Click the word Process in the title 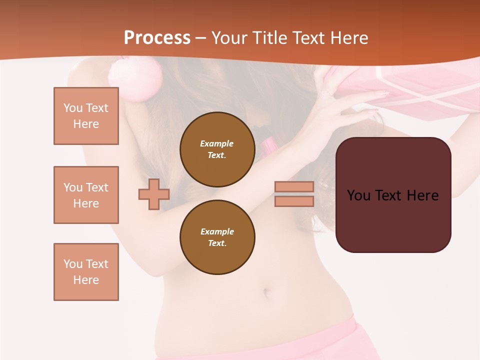[x=157, y=38]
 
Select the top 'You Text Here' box [x=86, y=116]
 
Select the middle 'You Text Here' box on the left [x=86, y=195]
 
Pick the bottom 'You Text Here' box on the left [x=86, y=272]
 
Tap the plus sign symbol [x=154, y=194]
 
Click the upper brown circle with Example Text [x=217, y=149]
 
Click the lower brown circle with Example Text [x=217, y=237]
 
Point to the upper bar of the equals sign [x=294, y=186]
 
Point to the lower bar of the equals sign [x=294, y=201]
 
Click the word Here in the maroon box [x=422, y=195]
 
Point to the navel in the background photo [x=267, y=291]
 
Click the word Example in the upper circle [x=217, y=143]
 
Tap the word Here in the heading [x=349, y=38]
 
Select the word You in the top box [x=72, y=108]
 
